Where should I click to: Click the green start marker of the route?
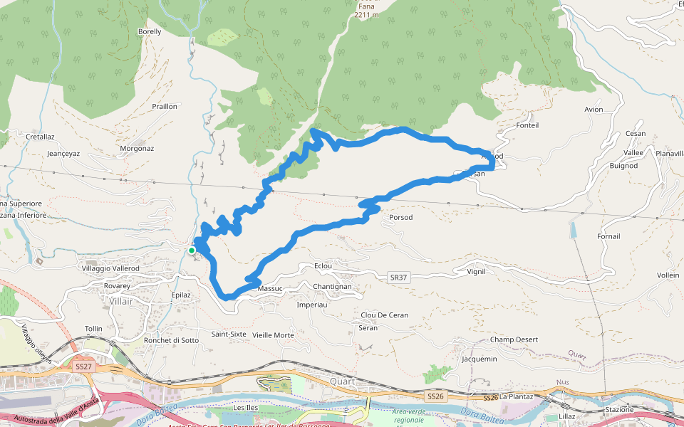pyautogui.click(x=192, y=251)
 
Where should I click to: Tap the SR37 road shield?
pyautogui.click(x=399, y=277)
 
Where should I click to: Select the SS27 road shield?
pyautogui.click(x=83, y=367)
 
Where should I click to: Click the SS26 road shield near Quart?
pyautogui.click(x=435, y=396)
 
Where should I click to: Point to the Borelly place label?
pyautogui.click(x=150, y=32)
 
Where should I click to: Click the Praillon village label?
pyautogui.click(x=165, y=107)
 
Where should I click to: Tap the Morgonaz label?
pyautogui.click(x=137, y=149)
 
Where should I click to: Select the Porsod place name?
pyautogui.click(x=401, y=217)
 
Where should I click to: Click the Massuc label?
pyautogui.click(x=271, y=288)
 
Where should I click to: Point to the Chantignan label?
pyautogui.click(x=332, y=286)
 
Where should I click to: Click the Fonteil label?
pyautogui.click(x=527, y=125)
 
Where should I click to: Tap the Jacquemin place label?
pyautogui.click(x=480, y=359)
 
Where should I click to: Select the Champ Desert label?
pyautogui.click(x=514, y=339)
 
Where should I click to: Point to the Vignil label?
pyautogui.click(x=476, y=271)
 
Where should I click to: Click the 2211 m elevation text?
pyautogui.click(x=367, y=14)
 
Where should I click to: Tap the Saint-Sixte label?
pyautogui.click(x=229, y=334)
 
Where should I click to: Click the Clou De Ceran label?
pyautogui.click(x=385, y=315)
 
